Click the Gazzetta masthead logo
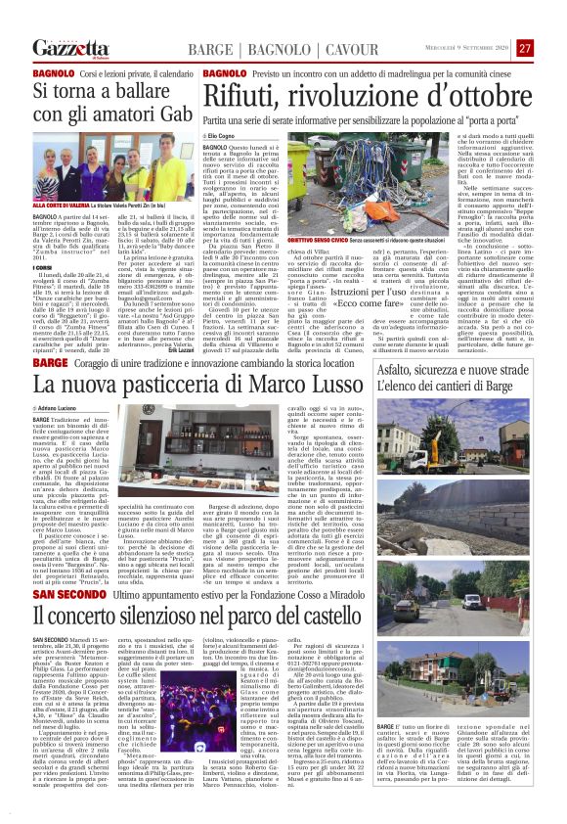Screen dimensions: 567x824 pos(70,48)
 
